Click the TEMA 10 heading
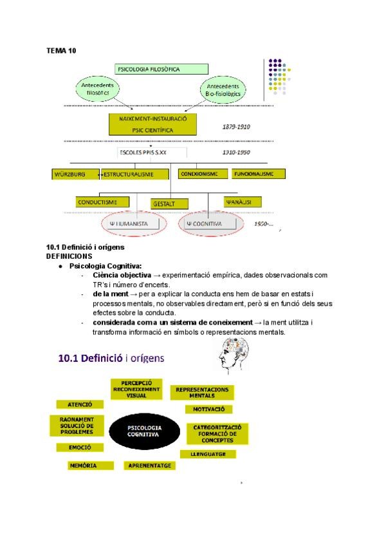point(61,50)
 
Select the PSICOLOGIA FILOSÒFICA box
point(161,69)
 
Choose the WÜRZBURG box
point(74,174)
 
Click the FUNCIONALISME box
point(258,174)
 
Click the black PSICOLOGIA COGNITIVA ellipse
point(144,431)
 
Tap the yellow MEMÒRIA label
point(82,465)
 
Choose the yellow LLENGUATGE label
point(208,453)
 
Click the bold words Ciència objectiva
point(122,275)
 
